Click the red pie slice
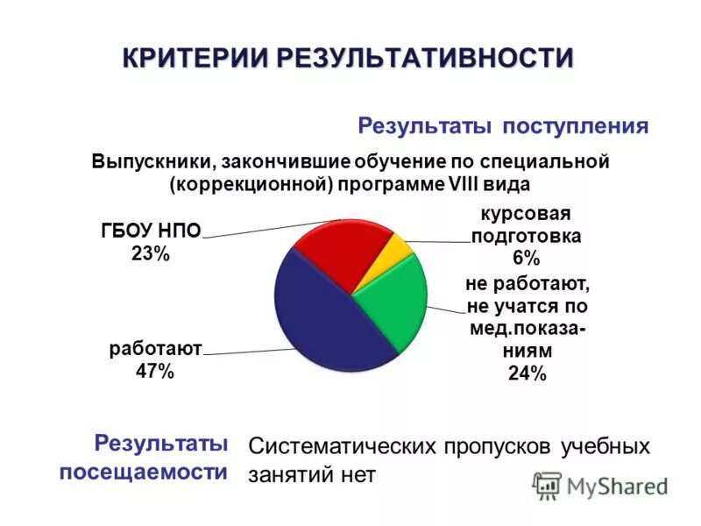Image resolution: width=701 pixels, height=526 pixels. pyautogui.click(x=337, y=254)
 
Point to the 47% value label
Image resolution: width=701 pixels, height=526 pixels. pyautogui.click(x=155, y=371)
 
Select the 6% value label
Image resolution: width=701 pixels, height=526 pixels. pyautogui.click(x=527, y=258)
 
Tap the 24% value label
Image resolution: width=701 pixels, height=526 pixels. pyautogui.click(x=527, y=374)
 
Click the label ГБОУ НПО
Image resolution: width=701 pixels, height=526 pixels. pyautogui.click(x=151, y=231)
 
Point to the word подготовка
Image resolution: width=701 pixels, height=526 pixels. pyautogui.click(x=527, y=236)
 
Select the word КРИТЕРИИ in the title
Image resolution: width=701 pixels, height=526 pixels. pyautogui.click(x=195, y=58)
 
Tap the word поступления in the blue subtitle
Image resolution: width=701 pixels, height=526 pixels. pyautogui.click(x=576, y=126)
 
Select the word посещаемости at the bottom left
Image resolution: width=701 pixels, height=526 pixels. pyautogui.click(x=144, y=472)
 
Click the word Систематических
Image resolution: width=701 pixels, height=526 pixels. pyautogui.click(x=343, y=446)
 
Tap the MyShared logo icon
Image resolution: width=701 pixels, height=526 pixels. pyautogui.click(x=547, y=485)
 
